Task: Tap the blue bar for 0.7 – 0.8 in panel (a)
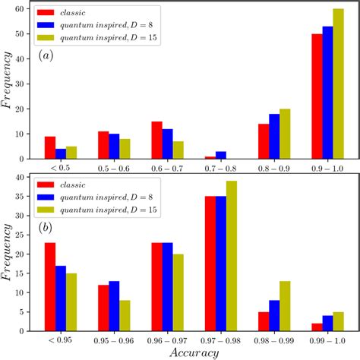[220, 155]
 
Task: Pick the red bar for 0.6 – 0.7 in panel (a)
[156, 140]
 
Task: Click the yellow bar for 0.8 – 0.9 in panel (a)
[285, 134]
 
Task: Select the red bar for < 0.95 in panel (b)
[50, 288]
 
